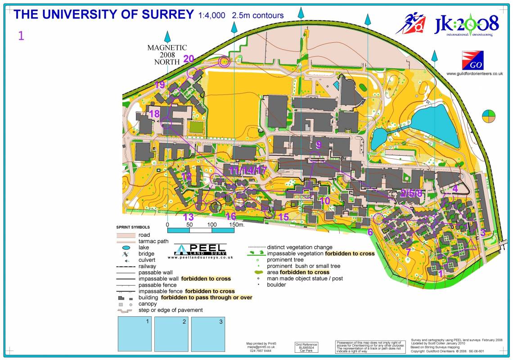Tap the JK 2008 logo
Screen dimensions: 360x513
pos(466,24)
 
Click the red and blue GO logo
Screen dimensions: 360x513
pos(472,60)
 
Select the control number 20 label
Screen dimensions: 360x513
pos(189,59)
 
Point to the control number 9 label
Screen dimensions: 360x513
pos(319,145)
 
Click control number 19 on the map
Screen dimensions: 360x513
pos(160,85)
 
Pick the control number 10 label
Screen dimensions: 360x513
pos(324,201)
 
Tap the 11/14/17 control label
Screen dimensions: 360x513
pos(248,171)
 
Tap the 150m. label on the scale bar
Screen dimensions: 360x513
pos(236,224)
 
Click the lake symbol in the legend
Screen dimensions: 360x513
pos(126,247)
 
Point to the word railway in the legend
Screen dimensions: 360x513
pos(147,266)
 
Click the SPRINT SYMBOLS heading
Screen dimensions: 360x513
pos(133,227)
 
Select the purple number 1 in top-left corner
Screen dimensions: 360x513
pos(21,36)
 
